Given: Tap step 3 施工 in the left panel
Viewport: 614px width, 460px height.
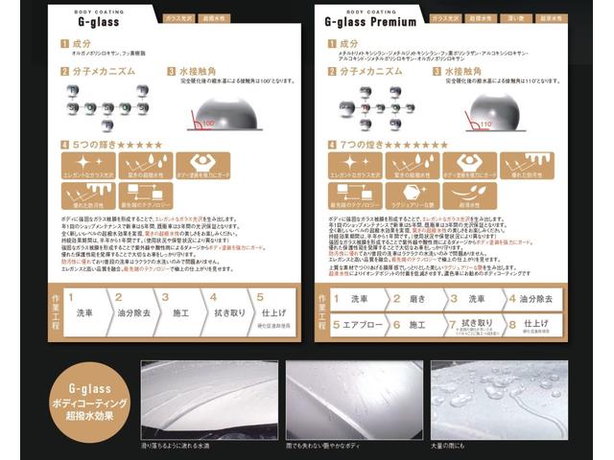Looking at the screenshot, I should [180, 312].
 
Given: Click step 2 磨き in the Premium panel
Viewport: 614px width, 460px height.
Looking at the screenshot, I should [415, 299].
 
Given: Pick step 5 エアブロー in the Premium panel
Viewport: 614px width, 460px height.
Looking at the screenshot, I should [359, 325].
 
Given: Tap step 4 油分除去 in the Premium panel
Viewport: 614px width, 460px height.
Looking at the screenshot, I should [538, 299].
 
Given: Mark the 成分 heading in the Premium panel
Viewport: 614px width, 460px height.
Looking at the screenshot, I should [348, 43].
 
